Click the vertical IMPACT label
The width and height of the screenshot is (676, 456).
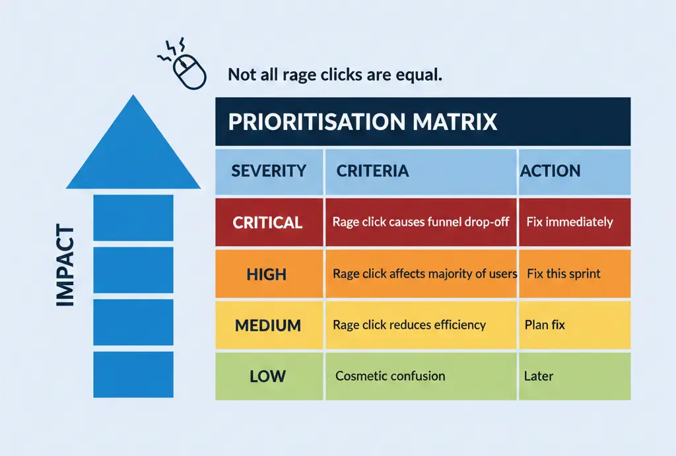64,266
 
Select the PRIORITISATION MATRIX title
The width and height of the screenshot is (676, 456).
362,122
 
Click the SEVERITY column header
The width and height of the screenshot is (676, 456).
269,171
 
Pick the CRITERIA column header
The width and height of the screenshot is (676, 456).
372,171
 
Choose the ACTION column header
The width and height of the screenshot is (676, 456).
551,171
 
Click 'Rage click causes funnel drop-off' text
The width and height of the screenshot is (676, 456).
421,222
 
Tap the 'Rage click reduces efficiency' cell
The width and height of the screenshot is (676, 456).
409,325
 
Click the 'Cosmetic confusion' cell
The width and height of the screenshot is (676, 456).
390,377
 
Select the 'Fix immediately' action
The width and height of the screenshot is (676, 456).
570,222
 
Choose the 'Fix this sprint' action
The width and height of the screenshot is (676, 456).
564,274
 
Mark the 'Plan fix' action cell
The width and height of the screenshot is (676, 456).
545,325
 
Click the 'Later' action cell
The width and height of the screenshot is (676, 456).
539,377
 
